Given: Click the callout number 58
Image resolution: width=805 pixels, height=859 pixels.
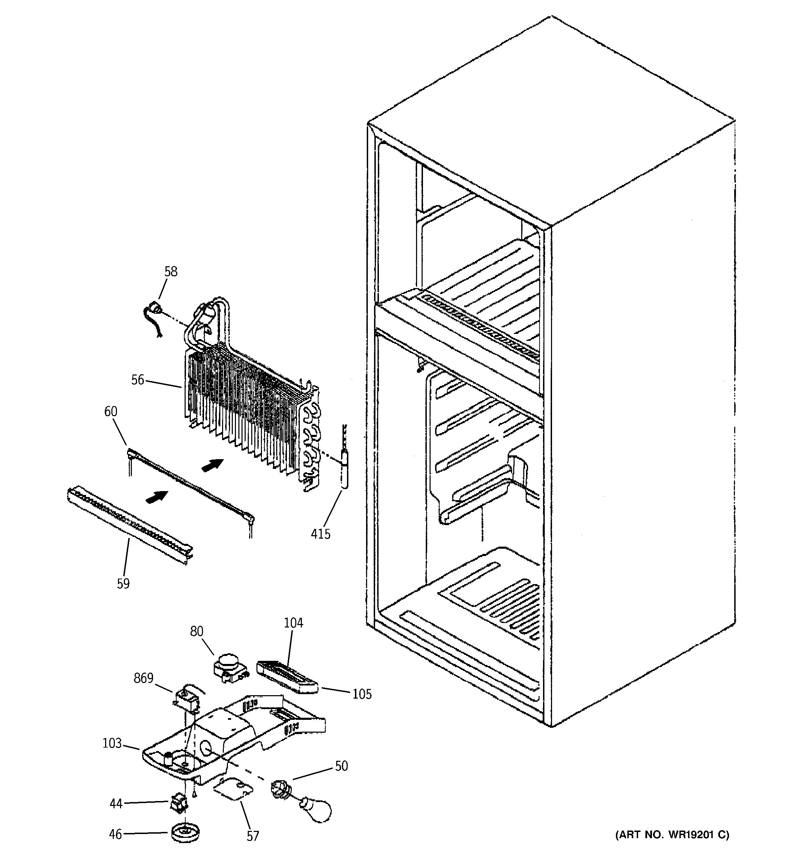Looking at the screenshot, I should (171, 271).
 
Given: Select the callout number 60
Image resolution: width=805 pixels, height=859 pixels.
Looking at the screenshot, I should (111, 411).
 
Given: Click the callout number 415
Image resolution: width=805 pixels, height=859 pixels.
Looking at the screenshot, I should (321, 534).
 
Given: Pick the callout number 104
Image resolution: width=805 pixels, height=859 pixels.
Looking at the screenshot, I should (294, 623).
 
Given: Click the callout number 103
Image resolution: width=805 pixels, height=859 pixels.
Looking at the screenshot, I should (112, 743).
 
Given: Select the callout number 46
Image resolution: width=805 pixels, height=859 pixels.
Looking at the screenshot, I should (115, 834).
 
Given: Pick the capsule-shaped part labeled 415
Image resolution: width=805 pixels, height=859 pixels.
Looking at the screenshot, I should (345, 469).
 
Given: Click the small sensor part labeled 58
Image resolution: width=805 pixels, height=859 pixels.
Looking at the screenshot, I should (153, 310).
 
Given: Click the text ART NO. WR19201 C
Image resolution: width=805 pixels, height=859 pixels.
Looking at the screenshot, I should (672, 834).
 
